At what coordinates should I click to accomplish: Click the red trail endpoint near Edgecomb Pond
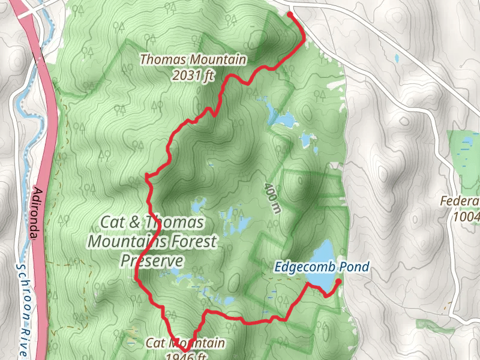338,281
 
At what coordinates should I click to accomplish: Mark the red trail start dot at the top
290,14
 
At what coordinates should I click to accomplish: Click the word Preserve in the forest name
151,261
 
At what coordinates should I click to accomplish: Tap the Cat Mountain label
185,343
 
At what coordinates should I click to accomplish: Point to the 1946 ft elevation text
186,356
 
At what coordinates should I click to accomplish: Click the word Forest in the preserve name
185,241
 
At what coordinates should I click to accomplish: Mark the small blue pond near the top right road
397,59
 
